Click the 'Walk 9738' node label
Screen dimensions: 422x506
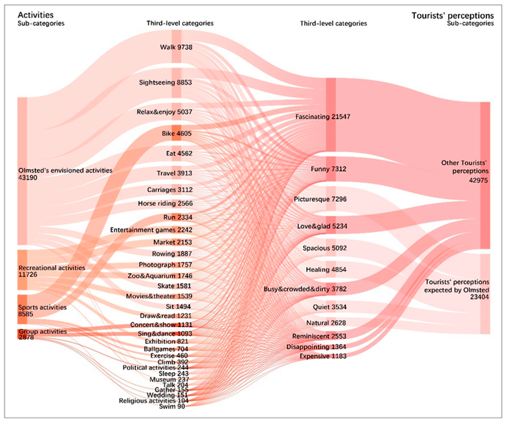(x=176, y=47)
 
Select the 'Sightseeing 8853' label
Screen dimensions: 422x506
(x=165, y=82)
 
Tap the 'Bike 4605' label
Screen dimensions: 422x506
(x=177, y=133)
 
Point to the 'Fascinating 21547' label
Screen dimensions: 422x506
(x=323, y=117)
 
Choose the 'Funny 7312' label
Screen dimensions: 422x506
(x=328, y=169)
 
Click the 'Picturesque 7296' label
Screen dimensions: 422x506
(x=320, y=199)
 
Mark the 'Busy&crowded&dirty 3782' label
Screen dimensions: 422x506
(x=305, y=289)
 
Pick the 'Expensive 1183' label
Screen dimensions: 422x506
(x=323, y=356)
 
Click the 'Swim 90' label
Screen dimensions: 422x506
(x=172, y=406)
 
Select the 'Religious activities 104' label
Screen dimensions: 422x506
(x=153, y=401)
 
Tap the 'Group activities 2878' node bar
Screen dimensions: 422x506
(x=22, y=334)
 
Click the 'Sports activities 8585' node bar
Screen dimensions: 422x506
(x=22, y=309)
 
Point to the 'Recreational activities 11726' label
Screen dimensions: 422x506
(x=52, y=271)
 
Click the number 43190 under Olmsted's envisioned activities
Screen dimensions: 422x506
(x=28, y=178)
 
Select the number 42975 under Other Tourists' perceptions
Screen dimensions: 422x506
(x=478, y=180)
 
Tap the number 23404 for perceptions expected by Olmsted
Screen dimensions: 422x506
(x=479, y=297)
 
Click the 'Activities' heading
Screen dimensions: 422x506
(x=36, y=15)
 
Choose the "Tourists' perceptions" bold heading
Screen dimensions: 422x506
(x=453, y=16)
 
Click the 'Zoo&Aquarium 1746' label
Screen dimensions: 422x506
(x=160, y=276)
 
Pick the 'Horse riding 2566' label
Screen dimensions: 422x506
(x=165, y=203)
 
